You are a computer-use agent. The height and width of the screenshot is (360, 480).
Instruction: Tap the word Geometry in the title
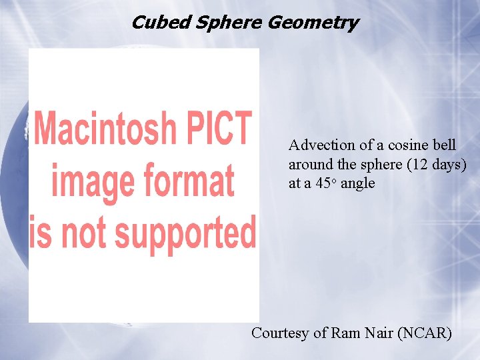point(313,23)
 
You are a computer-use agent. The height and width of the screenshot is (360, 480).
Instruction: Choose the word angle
point(358,184)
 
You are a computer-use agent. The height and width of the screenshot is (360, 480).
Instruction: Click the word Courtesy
point(281,333)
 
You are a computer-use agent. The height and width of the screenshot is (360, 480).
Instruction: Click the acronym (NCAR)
point(425,332)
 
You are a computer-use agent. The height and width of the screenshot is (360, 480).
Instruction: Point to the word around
point(310,164)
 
